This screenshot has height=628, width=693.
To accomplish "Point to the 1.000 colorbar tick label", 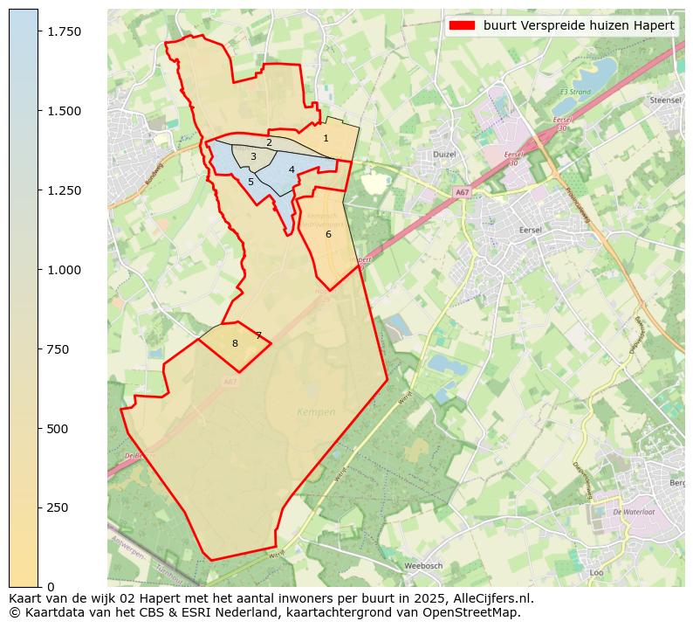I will click(65, 270).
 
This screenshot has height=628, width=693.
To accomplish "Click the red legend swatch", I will click(462, 25).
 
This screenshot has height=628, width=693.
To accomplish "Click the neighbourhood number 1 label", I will click(326, 138).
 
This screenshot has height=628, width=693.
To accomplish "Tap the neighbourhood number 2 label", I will click(269, 142).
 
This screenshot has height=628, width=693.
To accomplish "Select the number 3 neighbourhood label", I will click(253, 157).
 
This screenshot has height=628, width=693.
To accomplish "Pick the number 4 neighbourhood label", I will click(292, 169).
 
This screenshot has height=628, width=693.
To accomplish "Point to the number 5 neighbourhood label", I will click(250, 182).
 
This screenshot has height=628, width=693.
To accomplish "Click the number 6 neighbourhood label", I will click(328, 234).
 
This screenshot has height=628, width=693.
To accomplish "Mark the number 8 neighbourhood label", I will click(235, 343).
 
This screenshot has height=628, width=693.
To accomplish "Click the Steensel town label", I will click(666, 100).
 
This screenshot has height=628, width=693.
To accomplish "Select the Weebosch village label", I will click(423, 566).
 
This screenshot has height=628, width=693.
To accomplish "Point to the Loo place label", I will click(597, 573).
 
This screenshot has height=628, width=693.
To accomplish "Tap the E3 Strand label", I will click(575, 92).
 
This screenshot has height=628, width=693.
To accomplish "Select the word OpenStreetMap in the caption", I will click(477, 612).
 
